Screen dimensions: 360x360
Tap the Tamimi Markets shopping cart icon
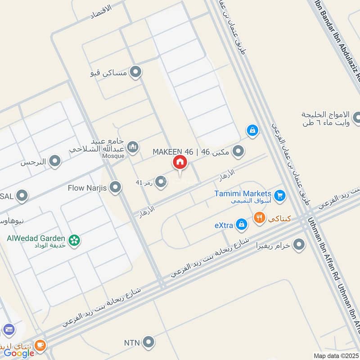280,195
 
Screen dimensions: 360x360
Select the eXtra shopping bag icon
242,224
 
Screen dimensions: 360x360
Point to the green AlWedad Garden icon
75,241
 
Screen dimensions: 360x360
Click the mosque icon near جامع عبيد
132,147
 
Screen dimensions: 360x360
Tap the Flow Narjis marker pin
116,188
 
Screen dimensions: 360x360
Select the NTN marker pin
148,342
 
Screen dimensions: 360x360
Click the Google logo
19,353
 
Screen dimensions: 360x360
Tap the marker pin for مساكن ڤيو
135,72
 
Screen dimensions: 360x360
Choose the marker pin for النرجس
55,161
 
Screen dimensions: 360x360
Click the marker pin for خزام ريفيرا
299,245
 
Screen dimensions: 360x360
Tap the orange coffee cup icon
40,345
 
